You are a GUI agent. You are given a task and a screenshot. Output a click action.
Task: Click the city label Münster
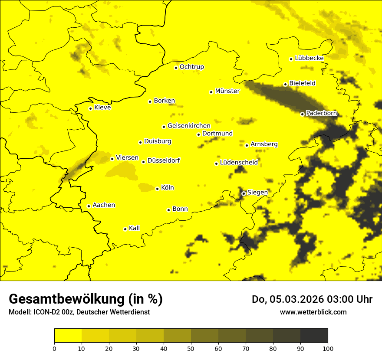(227, 91)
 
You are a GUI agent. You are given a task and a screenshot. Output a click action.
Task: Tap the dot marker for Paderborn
(302, 114)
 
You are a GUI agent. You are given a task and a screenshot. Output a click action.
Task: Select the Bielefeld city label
(302, 83)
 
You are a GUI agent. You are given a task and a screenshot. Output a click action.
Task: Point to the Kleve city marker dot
(90, 108)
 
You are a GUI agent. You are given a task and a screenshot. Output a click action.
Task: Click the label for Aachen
(103, 205)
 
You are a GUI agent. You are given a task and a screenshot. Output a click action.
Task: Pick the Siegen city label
(257, 193)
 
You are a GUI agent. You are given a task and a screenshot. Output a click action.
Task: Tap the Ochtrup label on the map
(191, 67)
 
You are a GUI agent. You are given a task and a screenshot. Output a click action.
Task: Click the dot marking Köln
(157, 189)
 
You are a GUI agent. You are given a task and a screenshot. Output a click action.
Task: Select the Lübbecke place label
(309, 58)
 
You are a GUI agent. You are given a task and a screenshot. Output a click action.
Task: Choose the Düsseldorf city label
(163, 161)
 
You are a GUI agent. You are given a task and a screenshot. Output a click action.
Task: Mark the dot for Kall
(125, 229)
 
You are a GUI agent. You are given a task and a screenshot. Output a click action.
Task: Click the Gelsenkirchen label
(188, 126)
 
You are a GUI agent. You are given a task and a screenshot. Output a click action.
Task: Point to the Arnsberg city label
(264, 144)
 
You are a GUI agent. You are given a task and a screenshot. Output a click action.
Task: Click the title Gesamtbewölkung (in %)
(86, 299)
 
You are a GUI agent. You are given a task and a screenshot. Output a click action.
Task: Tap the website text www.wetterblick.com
(313, 312)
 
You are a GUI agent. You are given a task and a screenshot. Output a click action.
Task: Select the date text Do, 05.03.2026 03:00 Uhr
(312, 299)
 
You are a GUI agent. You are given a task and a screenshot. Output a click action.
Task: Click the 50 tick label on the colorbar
(191, 348)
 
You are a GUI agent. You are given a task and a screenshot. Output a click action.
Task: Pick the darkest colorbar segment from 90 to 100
(314, 335)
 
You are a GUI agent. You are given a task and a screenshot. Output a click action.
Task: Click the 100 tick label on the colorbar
(328, 348)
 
